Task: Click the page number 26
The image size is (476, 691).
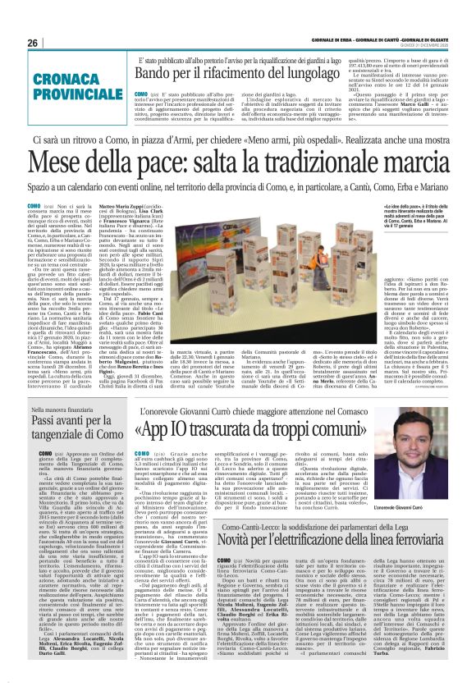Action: [32, 43]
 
